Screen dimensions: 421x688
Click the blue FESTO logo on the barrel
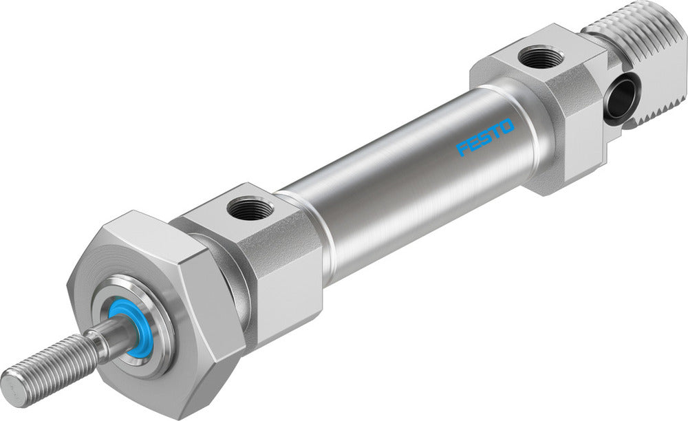pyautogui.click(x=485, y=138)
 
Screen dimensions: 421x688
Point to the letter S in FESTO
pyautogui.click(x=486, y=137)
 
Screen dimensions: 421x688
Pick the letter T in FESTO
pyautogui.click(x=496, y=131)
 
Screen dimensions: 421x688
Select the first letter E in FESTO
pyautogui.click(x=475, y=142)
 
